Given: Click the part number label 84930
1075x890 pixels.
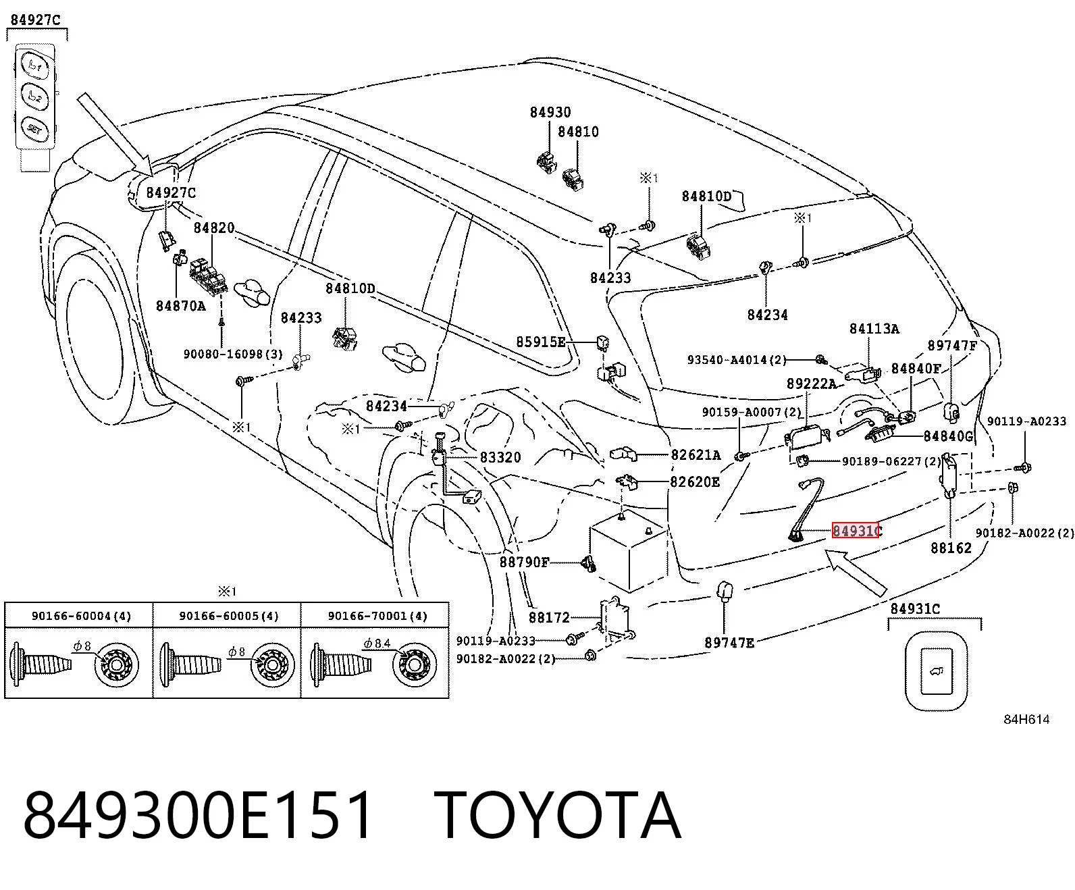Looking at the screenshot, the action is point(550,112).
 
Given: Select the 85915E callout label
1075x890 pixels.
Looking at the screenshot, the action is point(541,342).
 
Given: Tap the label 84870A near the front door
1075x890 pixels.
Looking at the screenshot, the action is point(181,306).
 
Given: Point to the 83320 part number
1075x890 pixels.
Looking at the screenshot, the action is point(500,457).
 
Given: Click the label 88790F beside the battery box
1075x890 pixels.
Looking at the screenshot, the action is point(524,562).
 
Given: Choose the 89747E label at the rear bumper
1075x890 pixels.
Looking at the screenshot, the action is point(729,643).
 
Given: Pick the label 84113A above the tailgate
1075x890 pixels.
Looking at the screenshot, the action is point(874,329).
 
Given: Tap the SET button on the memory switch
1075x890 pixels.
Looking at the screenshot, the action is point(34,129).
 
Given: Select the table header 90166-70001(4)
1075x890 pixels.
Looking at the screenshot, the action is point(378,616).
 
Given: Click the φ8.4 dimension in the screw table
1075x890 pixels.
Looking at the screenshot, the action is point(377,644).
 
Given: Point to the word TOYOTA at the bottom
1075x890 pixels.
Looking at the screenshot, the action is point(557,817).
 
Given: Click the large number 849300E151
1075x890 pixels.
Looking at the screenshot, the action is point(198,817).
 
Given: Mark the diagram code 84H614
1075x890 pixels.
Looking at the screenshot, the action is point(1026,720).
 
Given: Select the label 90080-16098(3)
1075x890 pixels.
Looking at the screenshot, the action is point(233,355).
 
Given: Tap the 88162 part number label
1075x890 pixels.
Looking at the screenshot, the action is point(951,548).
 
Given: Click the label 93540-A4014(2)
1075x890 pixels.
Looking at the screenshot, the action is point(737,359).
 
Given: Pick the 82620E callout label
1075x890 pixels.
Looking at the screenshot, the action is point(695,482).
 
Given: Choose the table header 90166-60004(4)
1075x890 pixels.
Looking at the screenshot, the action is point(81,616).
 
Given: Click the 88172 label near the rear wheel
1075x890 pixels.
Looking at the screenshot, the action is point(550,617).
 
